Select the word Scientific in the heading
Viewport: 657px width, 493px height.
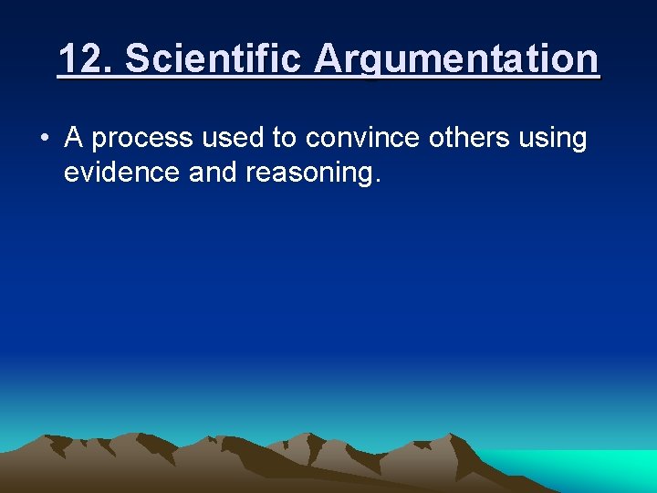pyautogui.click(x=214, y=59)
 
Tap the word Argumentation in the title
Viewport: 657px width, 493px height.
pyautogui.click(x=457, y=59)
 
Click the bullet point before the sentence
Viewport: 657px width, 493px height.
pyautogui.click(x=44, y=139)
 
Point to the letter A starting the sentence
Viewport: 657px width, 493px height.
pyautogui.click(x=74, y=138)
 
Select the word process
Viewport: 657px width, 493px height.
pyautogui.click(x=141, y=139)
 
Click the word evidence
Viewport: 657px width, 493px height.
pyautogui.click(x=121, y=173)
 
